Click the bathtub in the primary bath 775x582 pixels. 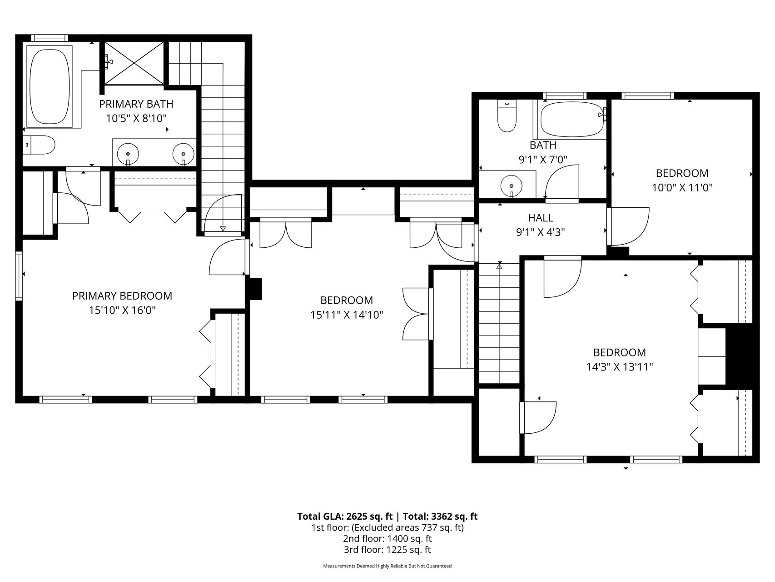[x=50, y=86]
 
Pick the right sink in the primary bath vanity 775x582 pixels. [x=184, y=154]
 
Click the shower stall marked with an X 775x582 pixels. [x=134, y=63]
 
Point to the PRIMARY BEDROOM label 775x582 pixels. [x=122, y=296]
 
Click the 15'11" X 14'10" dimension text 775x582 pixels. [x=347, y=315]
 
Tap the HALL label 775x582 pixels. [x=541, y=218]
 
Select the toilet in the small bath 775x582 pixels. [x=507, y=116]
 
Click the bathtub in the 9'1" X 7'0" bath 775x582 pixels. [x=571, y=119]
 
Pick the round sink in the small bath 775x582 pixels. [x=512, y=186]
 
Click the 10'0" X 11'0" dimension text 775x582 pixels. [x=682, y=187]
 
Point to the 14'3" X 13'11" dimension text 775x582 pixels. [x=620, y=366]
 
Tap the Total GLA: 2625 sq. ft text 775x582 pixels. [x=345, y=516]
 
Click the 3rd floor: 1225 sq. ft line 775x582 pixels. [x=387, y=549]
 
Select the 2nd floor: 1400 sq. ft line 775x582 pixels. [x=387, y=538]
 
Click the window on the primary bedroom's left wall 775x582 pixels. [x=19, y=276]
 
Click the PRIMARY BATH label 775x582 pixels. [x=136, y=104]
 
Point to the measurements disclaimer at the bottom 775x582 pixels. [x=387, y=566]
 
